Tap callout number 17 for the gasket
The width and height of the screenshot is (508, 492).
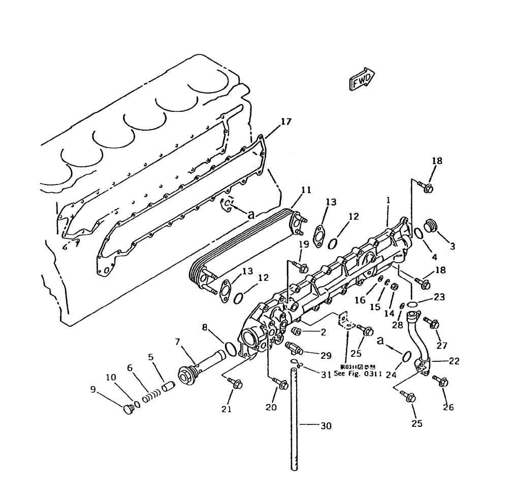tap(286, 122)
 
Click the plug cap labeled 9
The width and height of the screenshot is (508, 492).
tap(129, 409)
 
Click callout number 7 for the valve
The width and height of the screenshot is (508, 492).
tap(178, 342)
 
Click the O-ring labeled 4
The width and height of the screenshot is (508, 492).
tap(417, 233)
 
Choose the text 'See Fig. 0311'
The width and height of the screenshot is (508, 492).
tap(358, 373)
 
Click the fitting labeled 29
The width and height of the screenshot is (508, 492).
tap(295, 349)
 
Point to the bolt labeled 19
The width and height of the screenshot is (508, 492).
tap(302, 267)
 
